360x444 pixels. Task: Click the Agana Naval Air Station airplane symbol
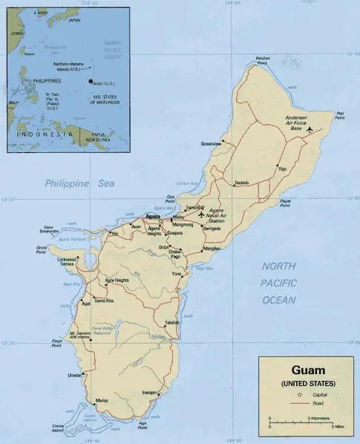point(201,215)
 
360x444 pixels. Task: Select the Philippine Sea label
point(76,183)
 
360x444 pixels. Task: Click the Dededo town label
point(242,182)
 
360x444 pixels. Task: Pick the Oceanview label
point(211,143)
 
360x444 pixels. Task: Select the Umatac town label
point(76,375)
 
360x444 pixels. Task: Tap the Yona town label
point(177,275)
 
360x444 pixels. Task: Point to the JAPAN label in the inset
point(73,20)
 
